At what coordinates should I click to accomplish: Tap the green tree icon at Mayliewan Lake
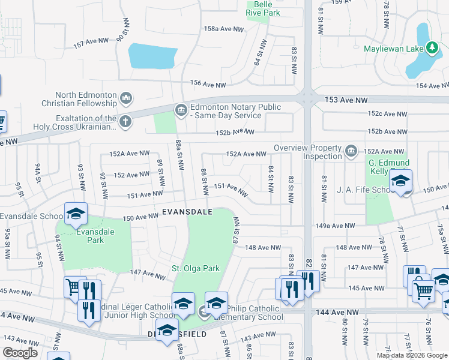[432, 47]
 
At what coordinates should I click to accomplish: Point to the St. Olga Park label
[196, 268]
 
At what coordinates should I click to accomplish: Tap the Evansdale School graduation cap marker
[76, 215]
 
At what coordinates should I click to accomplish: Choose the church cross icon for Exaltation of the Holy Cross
[125, 122]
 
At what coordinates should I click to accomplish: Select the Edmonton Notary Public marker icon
[180, 110]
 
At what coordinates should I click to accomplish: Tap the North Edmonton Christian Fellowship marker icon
[125, 98]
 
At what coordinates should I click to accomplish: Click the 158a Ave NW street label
[224, 29]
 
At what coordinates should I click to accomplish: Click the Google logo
[20, 353]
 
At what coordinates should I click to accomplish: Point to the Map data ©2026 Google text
[411, 355]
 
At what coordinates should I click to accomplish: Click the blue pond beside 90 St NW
[152, 56]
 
